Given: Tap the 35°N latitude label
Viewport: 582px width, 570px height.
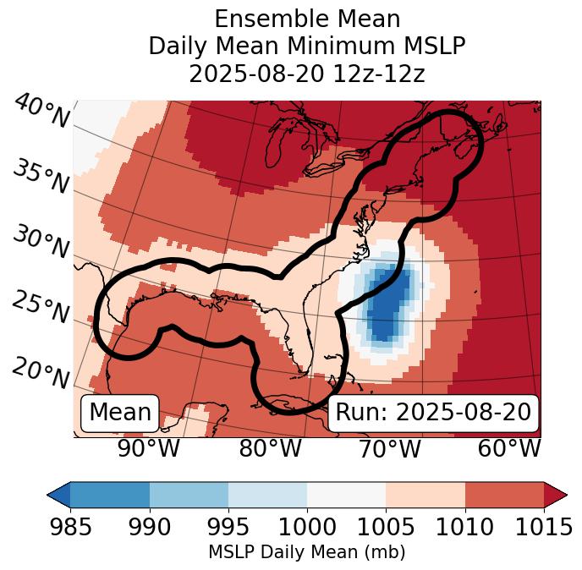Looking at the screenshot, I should tap(41, 177).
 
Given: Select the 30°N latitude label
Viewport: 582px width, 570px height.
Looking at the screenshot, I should tap(41, 243).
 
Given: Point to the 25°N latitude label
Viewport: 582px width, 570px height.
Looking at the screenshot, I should tap(41, 308).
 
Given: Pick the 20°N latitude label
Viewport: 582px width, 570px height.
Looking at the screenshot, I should tap(41, 372).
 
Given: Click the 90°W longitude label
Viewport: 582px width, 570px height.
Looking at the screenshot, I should tap(149, 449).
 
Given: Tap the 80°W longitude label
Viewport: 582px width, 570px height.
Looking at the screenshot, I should tap(270, 449).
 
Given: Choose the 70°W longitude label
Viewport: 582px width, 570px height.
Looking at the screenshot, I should tap(390, 449).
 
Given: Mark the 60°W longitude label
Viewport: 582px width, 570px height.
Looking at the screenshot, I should tap(509, 449).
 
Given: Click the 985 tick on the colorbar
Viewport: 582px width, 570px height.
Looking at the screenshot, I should tap(70, 527).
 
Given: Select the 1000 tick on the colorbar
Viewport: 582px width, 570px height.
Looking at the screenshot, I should tap(307, 527).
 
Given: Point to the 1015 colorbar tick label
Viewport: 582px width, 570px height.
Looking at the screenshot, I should tap(543, 527).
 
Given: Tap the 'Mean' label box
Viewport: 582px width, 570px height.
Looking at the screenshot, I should tap(120, 413).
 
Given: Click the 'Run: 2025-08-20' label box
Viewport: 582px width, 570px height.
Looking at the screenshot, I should tap(433, 413).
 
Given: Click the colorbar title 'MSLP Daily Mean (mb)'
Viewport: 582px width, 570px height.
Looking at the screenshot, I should tap(306, 552).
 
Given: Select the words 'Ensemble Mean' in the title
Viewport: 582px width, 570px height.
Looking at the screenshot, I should tap(306, 19).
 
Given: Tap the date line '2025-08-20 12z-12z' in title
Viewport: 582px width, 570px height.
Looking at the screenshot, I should tap(306, 74).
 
